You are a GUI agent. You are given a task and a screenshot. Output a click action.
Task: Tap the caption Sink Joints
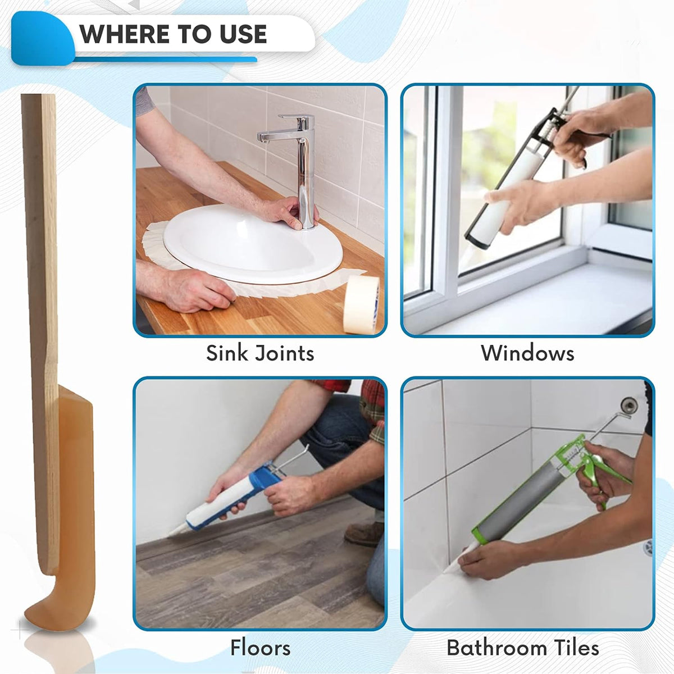[x=260, y=353]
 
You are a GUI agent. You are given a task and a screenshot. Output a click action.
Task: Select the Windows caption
[x=527, y=353]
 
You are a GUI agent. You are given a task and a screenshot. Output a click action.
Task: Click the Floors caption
[x=260, y=648]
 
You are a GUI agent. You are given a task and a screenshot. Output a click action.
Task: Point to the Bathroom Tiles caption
[x=523, y=648]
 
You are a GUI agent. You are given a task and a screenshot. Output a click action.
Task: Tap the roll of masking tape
[x=361, y=303]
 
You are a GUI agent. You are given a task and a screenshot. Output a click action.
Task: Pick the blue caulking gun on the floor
[x=264, y=483]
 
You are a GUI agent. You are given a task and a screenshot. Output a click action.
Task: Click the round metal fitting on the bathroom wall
[x=629, y=403]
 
